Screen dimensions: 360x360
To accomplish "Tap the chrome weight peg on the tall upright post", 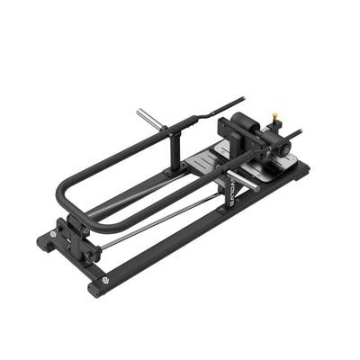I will click(x=149, y=116).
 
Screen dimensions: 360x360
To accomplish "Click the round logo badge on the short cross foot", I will click(x=52, y=231).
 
